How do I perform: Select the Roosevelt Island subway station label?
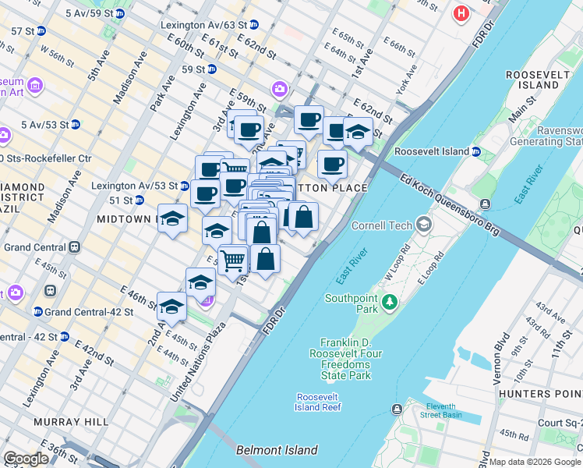[x=432, y=151]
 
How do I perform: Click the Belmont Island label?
[x=277, y=450]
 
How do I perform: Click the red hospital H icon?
[x=461, y=13]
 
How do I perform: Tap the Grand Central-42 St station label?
[x=89, y=312]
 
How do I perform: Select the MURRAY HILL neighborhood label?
[x=70, y=422]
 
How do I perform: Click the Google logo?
[x=26, y=459]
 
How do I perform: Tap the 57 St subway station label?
[x=23, y=31]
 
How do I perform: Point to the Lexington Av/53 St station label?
[x=134, y=186]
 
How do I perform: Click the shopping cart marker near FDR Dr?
[x=233, y=261]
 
